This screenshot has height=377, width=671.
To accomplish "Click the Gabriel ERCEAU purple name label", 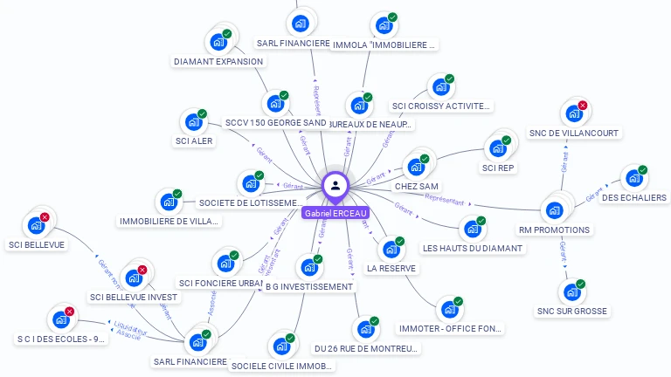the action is click(x=336, y=213).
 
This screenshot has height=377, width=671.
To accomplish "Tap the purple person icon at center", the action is click(x=335, y=185).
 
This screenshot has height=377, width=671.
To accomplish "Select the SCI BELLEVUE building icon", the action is click(x=36, y=225).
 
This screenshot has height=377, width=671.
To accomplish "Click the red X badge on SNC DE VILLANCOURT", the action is click(x=583, y=106).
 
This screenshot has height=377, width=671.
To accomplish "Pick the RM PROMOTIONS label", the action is click(x=554, y=230).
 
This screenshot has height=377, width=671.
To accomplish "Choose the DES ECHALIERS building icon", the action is click(x=633, y=178).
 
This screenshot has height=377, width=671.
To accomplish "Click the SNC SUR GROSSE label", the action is click(x=572, y=311).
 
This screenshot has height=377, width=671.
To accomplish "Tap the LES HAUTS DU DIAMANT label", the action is click(x=473, y=249).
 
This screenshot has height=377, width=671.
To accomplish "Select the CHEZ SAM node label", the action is click(x=417, y=187).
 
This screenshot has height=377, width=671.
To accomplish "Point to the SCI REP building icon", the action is click(x=499, y=147).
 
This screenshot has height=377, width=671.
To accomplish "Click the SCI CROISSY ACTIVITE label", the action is click(x=441, y=106).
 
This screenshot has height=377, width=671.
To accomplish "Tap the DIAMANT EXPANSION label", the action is click(x=218, y=62).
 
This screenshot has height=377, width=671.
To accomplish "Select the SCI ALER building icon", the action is click(x=193, y=122).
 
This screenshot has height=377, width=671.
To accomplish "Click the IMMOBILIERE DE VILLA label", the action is click(x=169, y=222).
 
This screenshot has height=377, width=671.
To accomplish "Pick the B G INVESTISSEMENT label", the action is click(x=309, y=286).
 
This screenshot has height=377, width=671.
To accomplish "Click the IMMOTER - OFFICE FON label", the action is click(x=450, y=329).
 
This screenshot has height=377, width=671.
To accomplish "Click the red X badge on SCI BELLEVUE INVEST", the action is click(x=142, y=270).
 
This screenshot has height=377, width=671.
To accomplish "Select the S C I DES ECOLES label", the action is click(x=62, y=339).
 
